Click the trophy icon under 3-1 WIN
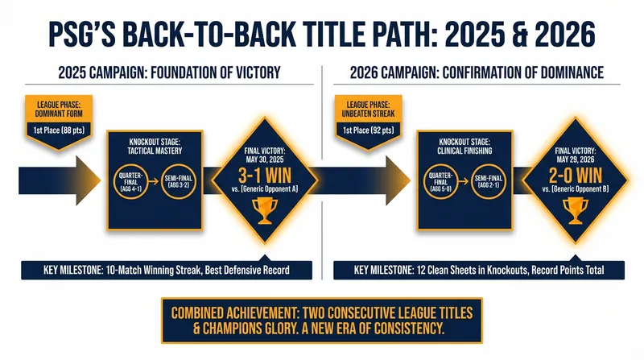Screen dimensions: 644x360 265,211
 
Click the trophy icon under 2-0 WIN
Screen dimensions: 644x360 575,211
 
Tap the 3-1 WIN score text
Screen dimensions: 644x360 265,176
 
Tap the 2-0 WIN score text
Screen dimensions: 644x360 576,176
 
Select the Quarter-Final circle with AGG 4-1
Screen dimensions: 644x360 131,181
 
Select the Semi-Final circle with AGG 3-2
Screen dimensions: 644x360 178,181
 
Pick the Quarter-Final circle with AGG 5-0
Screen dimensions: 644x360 441,181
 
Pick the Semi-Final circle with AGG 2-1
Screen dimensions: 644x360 489,181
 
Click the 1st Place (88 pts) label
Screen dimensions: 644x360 59,130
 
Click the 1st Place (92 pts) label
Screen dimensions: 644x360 369,130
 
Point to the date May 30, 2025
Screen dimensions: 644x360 265,159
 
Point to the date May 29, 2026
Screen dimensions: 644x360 576,159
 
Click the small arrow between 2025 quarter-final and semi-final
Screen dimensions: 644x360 155,181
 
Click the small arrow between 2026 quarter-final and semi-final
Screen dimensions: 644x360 464,181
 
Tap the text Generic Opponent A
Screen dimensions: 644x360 269,189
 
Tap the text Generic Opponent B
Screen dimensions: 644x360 580,189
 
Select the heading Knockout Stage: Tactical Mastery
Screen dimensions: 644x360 155,147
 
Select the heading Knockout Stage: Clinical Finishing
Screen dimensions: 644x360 464,147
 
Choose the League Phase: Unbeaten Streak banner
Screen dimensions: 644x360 369,110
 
